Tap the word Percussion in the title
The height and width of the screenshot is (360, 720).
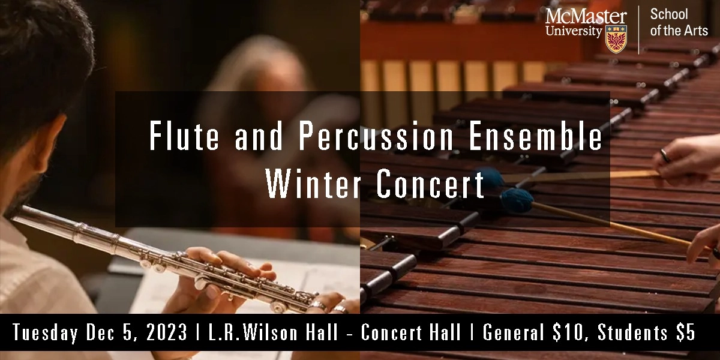click(376, 137)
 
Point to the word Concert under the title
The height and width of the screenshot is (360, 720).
click(431, 185)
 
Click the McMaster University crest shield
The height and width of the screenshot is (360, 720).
click(616, 39)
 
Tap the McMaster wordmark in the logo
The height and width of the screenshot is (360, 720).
click(586, 16)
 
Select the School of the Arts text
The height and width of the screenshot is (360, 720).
click(679, 23)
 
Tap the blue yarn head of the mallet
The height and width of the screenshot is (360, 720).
click(516, 197)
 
